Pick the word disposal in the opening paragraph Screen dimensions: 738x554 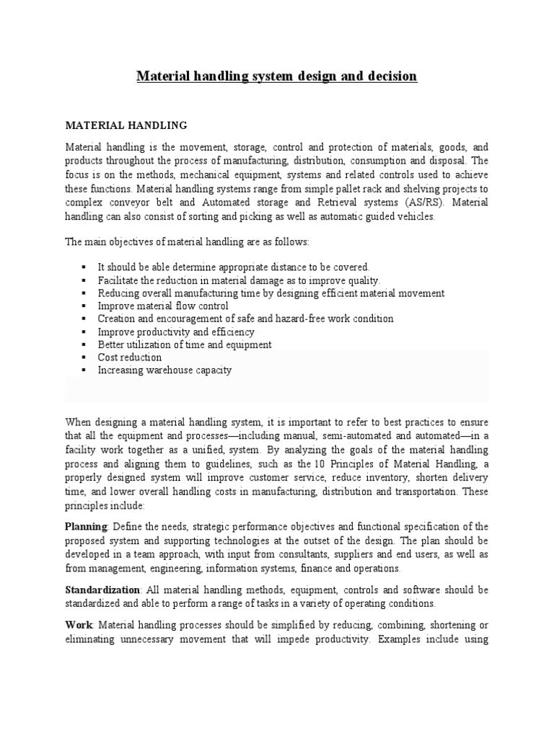(x=447, y=161)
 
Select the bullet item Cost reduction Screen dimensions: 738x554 (x=130, y=357)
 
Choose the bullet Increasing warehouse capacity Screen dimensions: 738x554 (x=164, y=370)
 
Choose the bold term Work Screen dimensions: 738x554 (x=79, y=625)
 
